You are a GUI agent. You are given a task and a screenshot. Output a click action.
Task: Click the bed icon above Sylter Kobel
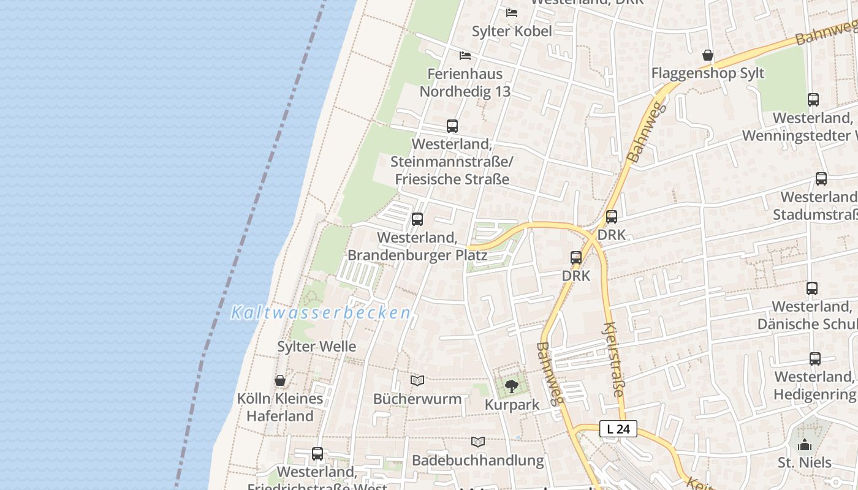[512, 12]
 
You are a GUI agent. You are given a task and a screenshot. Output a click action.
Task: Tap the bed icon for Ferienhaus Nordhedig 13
[465, 56]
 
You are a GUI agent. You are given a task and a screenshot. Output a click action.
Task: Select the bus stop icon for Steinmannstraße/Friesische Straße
[452, 126]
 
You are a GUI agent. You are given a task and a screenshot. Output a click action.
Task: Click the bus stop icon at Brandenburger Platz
[417, 219]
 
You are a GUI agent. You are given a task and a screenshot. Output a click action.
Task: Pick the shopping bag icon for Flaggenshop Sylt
[708, 55]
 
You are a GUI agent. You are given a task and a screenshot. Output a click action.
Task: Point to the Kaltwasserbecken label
[321, 313]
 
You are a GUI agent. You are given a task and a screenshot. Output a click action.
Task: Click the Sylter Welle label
[316, 347]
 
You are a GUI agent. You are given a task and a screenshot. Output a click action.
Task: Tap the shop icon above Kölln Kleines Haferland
[280, 380]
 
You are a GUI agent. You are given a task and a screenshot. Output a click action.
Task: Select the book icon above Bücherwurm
[417, 381]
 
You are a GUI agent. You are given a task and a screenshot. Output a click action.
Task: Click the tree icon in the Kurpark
[512, 386]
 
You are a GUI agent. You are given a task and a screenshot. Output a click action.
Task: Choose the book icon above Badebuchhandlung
[478, 442]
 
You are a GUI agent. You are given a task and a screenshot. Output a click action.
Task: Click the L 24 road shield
[618, 429]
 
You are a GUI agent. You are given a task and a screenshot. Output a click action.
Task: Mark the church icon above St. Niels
[805, 444]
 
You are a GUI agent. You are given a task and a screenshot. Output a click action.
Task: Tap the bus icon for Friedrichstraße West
[317, 454]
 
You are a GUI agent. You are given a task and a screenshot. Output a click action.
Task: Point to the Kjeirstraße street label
[614, 361]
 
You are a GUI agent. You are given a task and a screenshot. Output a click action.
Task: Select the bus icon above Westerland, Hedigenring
[815, 359]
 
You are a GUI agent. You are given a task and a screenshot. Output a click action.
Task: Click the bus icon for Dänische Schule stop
[812, 288]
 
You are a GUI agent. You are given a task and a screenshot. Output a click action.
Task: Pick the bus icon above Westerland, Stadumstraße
[821, 179]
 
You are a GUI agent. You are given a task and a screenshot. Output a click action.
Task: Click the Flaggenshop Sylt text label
[708, 73]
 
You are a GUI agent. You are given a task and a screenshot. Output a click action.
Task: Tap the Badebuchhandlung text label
[478, 460]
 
